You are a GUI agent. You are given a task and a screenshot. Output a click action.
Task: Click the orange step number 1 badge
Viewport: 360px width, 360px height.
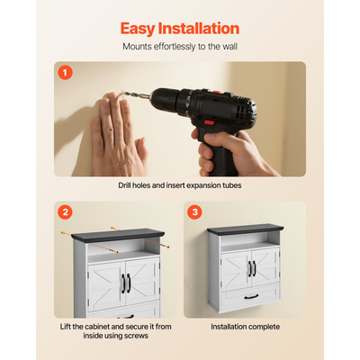tap(65, 72)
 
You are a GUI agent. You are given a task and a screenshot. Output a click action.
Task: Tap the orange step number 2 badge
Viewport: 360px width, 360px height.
tap(65, 212)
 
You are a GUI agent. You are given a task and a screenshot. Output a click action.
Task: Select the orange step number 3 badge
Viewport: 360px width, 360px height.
tap(194, 212)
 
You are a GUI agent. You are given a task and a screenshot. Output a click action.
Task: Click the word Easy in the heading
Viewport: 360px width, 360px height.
tap(138, 29)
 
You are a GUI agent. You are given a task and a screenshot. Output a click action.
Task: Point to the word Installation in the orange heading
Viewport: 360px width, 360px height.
tap(199, 28)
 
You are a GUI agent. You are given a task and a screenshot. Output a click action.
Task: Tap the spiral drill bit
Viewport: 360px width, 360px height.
tap(136, 94)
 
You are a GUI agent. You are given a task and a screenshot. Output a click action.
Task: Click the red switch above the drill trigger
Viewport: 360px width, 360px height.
tap(209, 122)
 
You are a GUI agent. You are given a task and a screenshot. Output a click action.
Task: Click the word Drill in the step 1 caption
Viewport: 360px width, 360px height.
tap(124, 185)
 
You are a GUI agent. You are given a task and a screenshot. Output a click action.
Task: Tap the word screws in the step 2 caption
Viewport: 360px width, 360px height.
tap(137, 336)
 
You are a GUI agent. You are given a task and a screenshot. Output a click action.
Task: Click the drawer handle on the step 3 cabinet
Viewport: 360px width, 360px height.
tap(251, 297)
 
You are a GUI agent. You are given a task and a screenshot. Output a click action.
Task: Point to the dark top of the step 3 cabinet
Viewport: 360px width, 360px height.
tap(246, 229)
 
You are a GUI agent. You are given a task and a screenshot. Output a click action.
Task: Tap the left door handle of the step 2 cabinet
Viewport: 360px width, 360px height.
tap(123, 283)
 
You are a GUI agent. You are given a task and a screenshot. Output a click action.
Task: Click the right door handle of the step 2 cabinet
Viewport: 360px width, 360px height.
tap(129, 283)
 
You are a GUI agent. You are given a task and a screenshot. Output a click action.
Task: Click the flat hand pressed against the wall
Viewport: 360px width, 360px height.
tap(119, 134)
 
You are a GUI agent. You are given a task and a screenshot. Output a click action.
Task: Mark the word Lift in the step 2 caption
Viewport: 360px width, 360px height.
tap(65, 327)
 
